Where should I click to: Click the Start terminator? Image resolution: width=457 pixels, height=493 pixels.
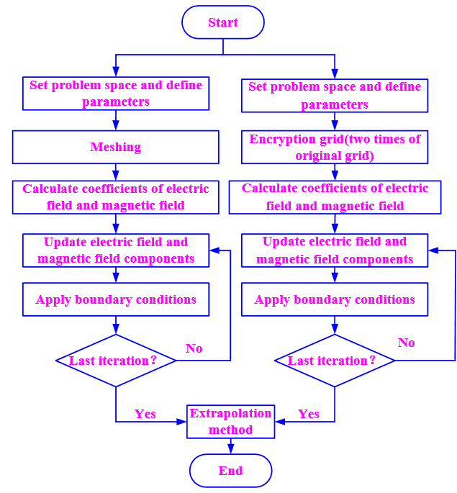coord(223,22)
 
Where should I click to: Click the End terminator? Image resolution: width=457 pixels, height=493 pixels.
coord(230,471)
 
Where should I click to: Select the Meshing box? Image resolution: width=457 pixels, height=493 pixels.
coord(115,147)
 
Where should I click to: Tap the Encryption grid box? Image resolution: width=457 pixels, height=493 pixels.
coord(335,148)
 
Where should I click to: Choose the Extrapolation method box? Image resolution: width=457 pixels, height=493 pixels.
coord(230,422)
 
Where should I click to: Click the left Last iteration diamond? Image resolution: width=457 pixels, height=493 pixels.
coord(115,361)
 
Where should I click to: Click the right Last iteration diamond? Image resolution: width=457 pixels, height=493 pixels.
coord(335,361)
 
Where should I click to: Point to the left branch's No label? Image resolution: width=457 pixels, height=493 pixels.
coord(194,348)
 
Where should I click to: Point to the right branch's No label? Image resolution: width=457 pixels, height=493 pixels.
coord(407,343)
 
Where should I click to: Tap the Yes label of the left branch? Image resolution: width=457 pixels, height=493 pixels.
coord(145,414)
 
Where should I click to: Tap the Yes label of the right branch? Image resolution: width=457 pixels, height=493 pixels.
coord(309,414)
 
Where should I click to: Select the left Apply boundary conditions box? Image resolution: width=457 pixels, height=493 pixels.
coord(115,299)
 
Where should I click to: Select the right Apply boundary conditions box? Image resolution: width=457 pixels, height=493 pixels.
coord(335,299)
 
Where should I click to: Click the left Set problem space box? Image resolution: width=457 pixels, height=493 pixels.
coord(115,94)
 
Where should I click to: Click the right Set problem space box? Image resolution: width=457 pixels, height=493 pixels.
coord(335,96)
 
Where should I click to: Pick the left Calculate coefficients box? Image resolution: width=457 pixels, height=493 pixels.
coord(115,197)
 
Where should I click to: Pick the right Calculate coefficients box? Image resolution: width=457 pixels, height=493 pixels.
coord(335,197)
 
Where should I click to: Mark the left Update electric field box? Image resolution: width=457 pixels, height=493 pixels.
coord(115,250)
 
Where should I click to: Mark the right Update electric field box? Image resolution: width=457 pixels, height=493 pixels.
coord(335,250)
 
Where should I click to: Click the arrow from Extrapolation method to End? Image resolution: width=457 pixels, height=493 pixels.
coord(230,446)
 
